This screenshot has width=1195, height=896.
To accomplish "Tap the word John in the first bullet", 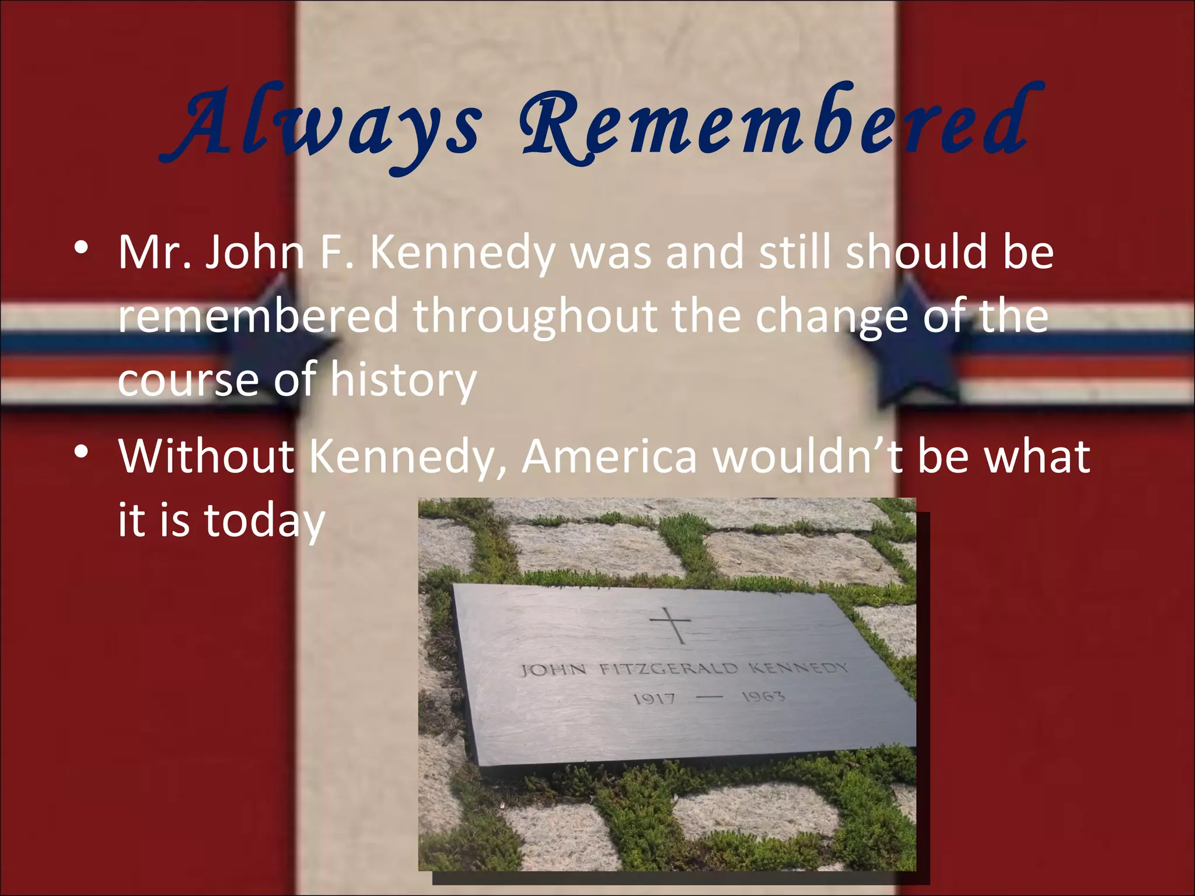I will (254, 252).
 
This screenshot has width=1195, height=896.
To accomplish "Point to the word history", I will (403, 380).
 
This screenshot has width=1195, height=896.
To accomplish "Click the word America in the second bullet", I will (609, 456).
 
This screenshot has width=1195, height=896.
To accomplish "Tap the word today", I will (264, 520).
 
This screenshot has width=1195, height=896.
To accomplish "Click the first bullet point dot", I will (81, 248).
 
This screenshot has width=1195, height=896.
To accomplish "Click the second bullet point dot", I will (81, 452).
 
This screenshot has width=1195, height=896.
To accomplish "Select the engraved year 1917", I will (654, 698).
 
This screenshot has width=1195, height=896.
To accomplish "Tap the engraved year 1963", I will (763, 696).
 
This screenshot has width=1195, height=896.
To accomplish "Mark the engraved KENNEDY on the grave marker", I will (798, 667).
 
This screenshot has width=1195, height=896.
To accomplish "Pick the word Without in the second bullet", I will (207, 456).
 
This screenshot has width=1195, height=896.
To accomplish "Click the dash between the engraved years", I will (708, 696).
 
